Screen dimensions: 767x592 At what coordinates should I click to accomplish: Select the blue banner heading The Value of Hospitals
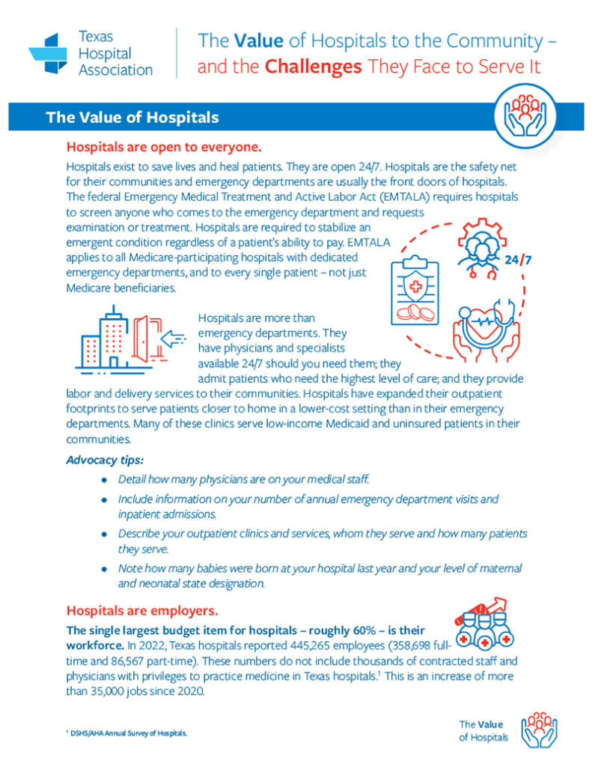[x=132, y=118]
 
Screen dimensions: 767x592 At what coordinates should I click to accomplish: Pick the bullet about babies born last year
[x=320, y=575]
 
